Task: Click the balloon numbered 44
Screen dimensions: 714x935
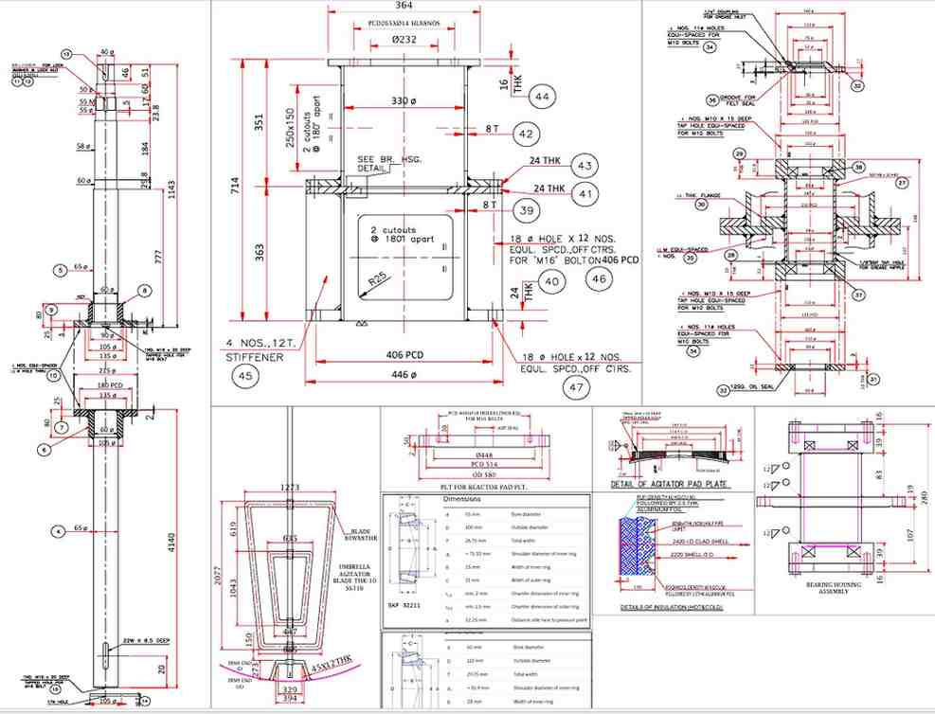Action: tap(542, 98)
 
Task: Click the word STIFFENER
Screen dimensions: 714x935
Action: tap(257, 358)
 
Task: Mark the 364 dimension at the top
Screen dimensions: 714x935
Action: tap(404, 8)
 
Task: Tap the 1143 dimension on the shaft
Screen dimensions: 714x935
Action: tap(186, 190)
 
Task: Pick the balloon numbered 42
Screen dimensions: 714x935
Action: tap(529, 134)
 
